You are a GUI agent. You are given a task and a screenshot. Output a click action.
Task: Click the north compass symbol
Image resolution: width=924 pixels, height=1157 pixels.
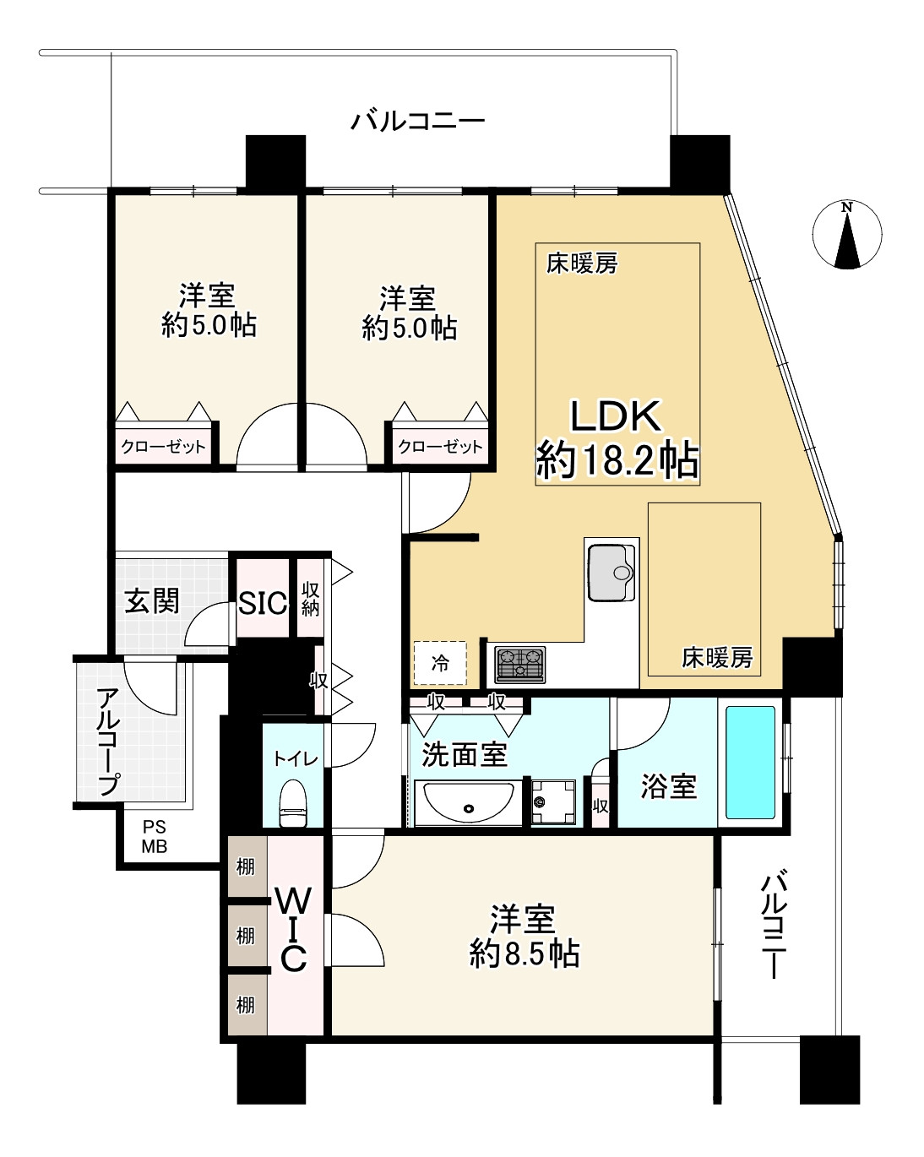click(846, 236)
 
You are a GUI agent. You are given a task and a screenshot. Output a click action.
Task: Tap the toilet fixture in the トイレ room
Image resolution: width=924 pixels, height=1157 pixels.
click(292, 803)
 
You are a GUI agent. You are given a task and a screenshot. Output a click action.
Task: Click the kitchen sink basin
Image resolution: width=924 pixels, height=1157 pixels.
click(611, 573)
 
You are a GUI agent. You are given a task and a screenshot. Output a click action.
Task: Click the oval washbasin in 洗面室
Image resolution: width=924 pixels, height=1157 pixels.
click(469, 800)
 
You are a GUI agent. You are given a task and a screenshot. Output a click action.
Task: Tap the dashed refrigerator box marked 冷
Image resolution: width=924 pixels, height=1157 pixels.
click(440, 663)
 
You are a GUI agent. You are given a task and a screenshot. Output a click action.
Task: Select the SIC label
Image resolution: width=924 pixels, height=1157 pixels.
click(262, 603)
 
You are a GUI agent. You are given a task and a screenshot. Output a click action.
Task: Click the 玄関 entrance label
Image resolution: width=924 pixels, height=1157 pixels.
click(152, 600)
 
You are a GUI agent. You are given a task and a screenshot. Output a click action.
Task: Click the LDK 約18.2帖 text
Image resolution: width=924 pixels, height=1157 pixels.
click(617, 439)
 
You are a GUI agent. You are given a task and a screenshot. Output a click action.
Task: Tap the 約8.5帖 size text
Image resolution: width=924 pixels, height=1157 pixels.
click(524, 954)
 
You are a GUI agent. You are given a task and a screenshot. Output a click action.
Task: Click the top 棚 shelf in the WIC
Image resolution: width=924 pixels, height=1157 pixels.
click(245, 867)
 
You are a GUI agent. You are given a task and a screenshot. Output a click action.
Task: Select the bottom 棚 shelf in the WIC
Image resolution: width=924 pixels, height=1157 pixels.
click(245, 1005)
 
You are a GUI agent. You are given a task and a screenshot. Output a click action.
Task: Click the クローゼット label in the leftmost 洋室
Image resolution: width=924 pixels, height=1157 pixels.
click(163, 447)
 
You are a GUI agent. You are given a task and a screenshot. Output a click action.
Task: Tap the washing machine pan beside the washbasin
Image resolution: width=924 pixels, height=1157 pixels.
click(553, 801)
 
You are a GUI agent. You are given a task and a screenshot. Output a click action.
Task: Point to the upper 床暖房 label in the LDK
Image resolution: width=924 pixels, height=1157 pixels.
click(582, 264)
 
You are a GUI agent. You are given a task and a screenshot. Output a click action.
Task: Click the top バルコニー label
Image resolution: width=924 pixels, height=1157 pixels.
click(418, 122)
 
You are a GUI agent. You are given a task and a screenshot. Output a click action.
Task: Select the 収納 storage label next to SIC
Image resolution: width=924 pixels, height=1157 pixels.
click(310, 599)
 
